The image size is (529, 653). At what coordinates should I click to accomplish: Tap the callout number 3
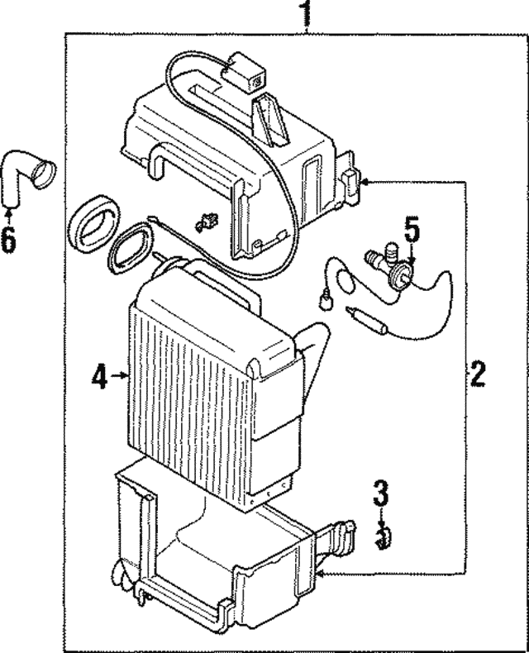pyautogui.click(x=380, y=494)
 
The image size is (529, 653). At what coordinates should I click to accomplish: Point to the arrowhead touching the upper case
pyautogui.click(x=365, y=181)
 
